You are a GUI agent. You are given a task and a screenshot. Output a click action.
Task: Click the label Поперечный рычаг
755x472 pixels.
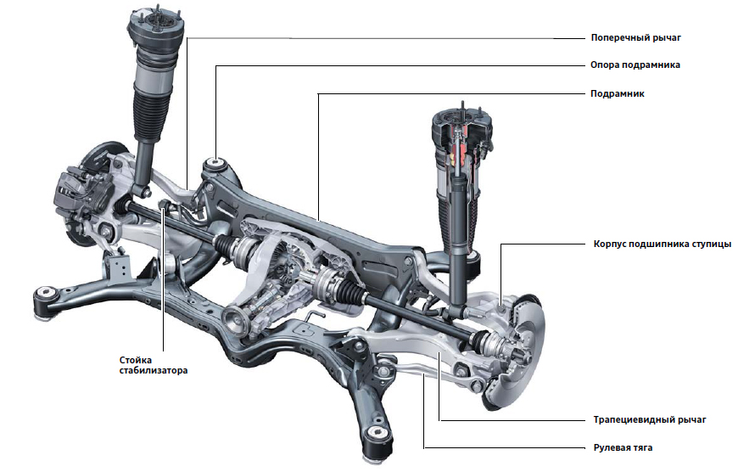click(x=635, y=38)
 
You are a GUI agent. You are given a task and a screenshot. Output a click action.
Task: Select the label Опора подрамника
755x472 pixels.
click(x=635, y=65)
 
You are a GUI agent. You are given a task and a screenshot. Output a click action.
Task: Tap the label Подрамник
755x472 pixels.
click(x=617, y=94)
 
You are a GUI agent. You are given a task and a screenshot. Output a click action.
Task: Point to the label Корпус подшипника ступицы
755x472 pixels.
click(x=662, y=244)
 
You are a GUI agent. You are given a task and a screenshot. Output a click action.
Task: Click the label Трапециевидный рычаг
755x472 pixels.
click(x=650, y=419)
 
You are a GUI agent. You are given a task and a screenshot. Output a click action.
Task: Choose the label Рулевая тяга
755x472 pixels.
click(x=624, y=447)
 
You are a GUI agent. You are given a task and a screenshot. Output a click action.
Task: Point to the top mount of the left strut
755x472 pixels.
click(x=156, y=25)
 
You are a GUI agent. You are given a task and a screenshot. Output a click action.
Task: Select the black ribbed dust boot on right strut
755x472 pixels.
click(x=458, y=217)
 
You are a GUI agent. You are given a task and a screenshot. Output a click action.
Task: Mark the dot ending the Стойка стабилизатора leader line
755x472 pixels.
click(x=161, y=205)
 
